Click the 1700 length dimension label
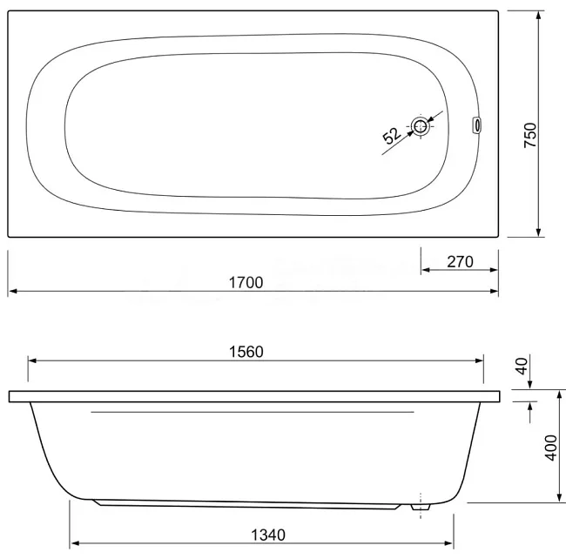point(246,283)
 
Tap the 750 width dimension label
point(530,135)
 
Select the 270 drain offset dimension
point(460,262)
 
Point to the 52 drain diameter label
point(392,136)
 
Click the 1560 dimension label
point(246,352)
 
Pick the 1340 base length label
point(268,535)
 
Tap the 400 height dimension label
point(551,448)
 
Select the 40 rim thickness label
point(522,367)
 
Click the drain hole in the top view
point(420,126)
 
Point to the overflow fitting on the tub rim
point(477,126)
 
